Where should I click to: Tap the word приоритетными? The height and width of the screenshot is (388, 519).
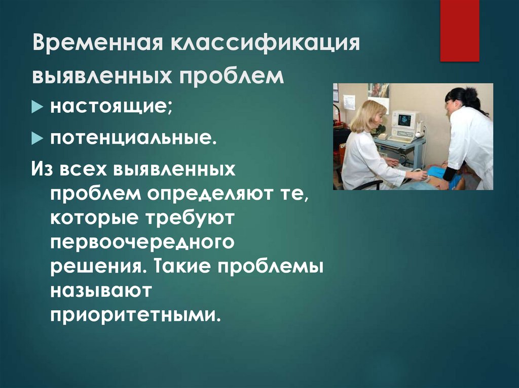[135, 315]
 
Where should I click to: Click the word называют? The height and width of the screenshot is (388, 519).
[101, 290]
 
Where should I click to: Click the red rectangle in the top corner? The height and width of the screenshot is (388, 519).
[459, 30]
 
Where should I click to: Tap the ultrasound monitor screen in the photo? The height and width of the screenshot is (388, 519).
[404, 120]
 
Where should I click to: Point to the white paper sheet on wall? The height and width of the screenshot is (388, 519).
[349, 102]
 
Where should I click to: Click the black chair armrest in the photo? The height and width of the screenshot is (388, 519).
[367, 185]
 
